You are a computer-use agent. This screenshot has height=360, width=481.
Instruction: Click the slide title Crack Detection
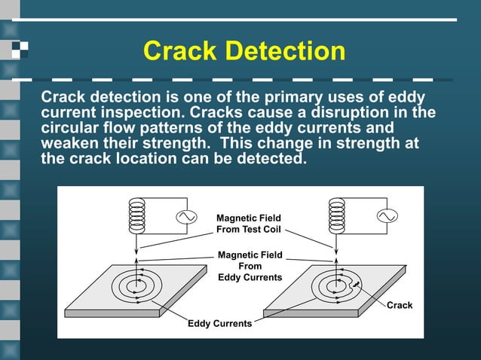pyautogui.click(x=244, y=51)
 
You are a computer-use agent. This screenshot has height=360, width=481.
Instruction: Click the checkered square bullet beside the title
pyautogui.click(x=22, y=50)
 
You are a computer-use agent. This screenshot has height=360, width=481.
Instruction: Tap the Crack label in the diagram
pyautogui.click(x=400, y=305)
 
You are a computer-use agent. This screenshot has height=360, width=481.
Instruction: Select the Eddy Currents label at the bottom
pyautogui.click(x=220, y=323)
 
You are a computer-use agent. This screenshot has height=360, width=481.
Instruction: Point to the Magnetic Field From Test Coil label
pyautogui.click(x=248, y=224)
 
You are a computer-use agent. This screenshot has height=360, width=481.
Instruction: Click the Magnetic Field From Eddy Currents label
pyautogui.click(x=250, y=266)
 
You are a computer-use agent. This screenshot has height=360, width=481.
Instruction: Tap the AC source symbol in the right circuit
pyautogui.click(x=389, y=217)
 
